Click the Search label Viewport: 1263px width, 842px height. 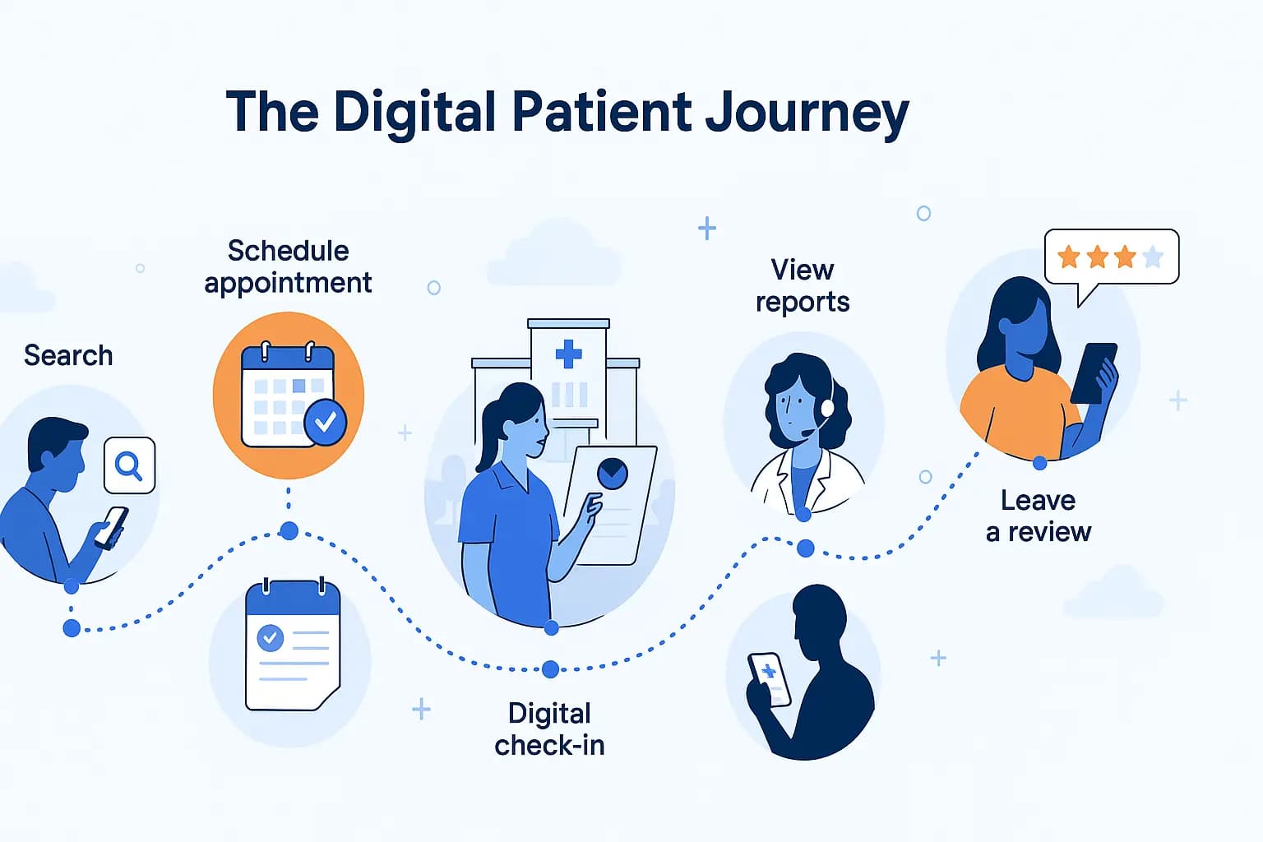(x=68, y=355)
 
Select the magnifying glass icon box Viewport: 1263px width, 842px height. (x=129, y=465)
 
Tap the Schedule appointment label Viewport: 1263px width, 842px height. (x=288, y=266)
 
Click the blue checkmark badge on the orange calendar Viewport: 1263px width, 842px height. (x=325, y=422)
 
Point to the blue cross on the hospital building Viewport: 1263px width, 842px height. (x=568, y=354)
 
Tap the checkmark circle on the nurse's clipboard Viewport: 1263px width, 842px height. (x=612, y=473)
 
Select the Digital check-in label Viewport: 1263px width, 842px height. (x=549, y=729)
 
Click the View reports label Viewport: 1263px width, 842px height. (x=802, y=285)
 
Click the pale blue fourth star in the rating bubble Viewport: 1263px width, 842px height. (x=1153, y=257)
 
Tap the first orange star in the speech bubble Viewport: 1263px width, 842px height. (x=1068, y=257)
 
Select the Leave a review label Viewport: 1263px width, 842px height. (x=1038, y=516)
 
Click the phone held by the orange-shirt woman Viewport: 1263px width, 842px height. (x=1094, y=372)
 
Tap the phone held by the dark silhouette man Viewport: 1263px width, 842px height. (x=770, y=679)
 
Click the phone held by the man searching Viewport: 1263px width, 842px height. (x=111, y=527)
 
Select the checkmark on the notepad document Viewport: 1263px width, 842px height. (x=271, y=637)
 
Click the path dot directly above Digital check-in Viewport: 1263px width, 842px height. (x=550, y=669)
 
